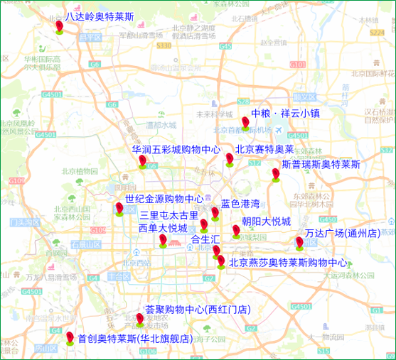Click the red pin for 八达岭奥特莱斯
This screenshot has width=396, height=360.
[60, 27]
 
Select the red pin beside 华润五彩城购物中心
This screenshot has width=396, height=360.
[142, 161]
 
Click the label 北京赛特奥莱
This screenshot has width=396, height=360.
[264, 149]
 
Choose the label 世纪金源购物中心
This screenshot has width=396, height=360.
[164, 199]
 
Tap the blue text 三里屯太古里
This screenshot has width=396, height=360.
[168, 214]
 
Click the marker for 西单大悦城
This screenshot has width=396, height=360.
[163, 241]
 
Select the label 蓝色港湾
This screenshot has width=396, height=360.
[240, 203]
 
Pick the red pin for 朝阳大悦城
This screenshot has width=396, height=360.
[236, 230]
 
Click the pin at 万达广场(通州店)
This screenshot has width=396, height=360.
[299, 243]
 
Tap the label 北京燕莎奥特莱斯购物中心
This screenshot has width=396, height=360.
[288, 262]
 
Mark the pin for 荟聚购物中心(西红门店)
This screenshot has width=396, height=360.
[139, 320]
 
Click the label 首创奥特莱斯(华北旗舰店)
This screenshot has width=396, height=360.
[134, 339]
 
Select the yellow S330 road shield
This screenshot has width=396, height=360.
[164, 45]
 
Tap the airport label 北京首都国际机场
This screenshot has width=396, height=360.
[243, 130]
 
